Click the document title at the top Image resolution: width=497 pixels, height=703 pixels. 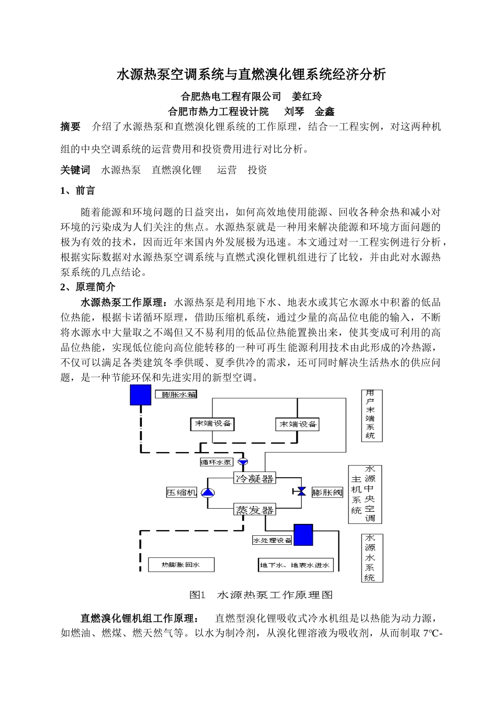point(251,74)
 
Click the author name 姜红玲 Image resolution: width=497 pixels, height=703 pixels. point(307,96)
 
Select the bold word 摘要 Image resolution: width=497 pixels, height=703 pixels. point(71,127)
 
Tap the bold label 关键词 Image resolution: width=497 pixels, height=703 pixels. point(75,170)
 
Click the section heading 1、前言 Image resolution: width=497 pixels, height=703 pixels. point(77,191)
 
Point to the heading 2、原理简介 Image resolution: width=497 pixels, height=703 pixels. point(88,287)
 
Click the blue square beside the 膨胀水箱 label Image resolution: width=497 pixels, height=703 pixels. point(140,394)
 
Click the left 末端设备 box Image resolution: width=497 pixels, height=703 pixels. point(212,424)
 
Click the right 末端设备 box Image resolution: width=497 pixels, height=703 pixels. point(297,424)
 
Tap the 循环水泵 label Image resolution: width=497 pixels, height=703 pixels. point(216,462)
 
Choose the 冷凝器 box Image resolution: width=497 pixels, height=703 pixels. point(254,478)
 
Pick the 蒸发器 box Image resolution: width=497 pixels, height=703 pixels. point(254,510)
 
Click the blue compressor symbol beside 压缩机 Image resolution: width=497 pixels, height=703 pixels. point(208,492)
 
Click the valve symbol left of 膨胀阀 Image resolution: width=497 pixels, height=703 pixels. point(301,492)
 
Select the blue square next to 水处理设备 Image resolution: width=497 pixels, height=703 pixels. point(303,535)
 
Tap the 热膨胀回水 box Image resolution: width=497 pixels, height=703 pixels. point(181,565)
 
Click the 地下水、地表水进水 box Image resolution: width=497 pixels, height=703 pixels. point(296,565)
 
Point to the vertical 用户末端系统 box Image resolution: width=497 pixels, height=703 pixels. point(370,414)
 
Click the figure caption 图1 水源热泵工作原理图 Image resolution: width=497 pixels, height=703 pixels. point(261,595)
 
